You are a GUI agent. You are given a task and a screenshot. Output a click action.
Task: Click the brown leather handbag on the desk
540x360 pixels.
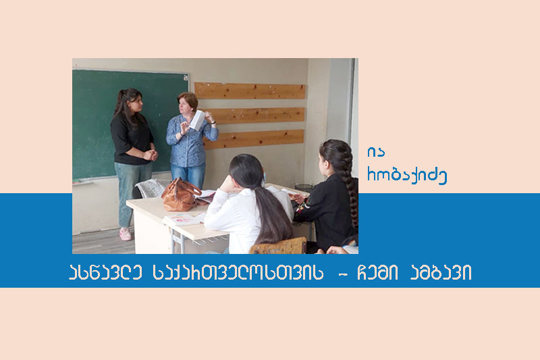pyautogui.click(x=180, y=195)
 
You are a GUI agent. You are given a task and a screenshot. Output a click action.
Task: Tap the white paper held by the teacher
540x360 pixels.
pyautogui.click(x=198, y=120)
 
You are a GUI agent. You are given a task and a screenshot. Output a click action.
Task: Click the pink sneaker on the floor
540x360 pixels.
pyautogui.click(x=126, y=234)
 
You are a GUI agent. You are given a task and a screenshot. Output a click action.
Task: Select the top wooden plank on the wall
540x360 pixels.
pyautogui.click(x=250, y=91)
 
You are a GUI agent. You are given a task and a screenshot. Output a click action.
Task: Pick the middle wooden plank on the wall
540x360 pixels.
pyautogui.click(x=255, y=115)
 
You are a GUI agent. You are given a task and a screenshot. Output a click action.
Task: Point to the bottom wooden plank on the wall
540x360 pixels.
pyautogui.click(x=254, y=139)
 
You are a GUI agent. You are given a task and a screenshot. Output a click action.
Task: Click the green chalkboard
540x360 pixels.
pyautogui.click(x=130, y=124)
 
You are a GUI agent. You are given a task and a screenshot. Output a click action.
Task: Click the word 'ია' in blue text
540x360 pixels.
pyautogui.click(x=376, y=152)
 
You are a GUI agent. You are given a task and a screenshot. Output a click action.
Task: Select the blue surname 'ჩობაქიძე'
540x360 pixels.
pyautogui.click(x=407, y=176)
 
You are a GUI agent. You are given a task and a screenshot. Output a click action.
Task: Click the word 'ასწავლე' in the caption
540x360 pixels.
pyautogui.click(x=105, y=272)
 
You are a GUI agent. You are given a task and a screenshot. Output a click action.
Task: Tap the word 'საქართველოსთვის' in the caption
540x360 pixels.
pyautogui.click(x=238, y=272)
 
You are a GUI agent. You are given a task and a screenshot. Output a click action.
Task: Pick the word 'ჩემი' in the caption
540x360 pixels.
pyautogui.click(x=377, y=272)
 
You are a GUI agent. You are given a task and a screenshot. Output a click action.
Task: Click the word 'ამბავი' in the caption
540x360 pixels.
pyautogui.click(x=441, y=272)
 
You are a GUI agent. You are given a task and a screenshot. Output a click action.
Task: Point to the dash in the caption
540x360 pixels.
pyautogui.click(x=342, y=275)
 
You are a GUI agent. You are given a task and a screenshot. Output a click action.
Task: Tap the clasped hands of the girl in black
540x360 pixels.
pyautogui.click(x=151, y=155)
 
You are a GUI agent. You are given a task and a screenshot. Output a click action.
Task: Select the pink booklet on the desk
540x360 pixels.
pyautogui.click(x=184, y=219)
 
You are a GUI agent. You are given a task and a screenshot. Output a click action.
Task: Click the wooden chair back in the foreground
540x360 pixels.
pyautogui.click(x=278, y=246)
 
